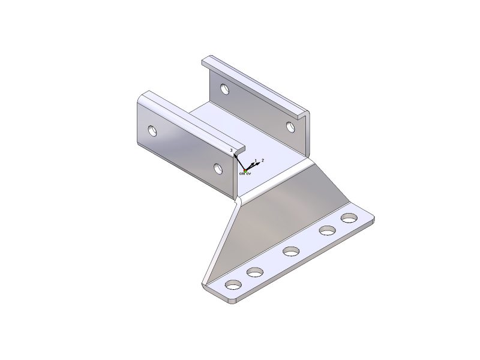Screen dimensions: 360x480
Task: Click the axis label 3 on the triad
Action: click(231, 150)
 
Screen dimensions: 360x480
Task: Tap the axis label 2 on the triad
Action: click(262, 161)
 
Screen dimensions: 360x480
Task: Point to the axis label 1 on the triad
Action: click(256, 161)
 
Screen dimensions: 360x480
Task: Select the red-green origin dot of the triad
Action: click(246, 170)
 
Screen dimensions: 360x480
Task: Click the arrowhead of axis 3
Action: click(236, 155)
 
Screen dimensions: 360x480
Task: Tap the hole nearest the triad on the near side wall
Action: click(218, 168)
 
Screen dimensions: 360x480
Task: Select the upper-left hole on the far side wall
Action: click(224, 89)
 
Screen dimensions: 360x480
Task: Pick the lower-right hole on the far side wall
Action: click(290, 127)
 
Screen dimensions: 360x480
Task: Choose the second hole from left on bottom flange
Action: click(255, 273)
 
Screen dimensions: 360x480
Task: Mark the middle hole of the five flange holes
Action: click(292, 251)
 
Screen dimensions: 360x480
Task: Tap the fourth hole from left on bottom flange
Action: click(327, 230)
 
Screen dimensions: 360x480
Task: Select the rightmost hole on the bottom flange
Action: click(348, 218)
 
